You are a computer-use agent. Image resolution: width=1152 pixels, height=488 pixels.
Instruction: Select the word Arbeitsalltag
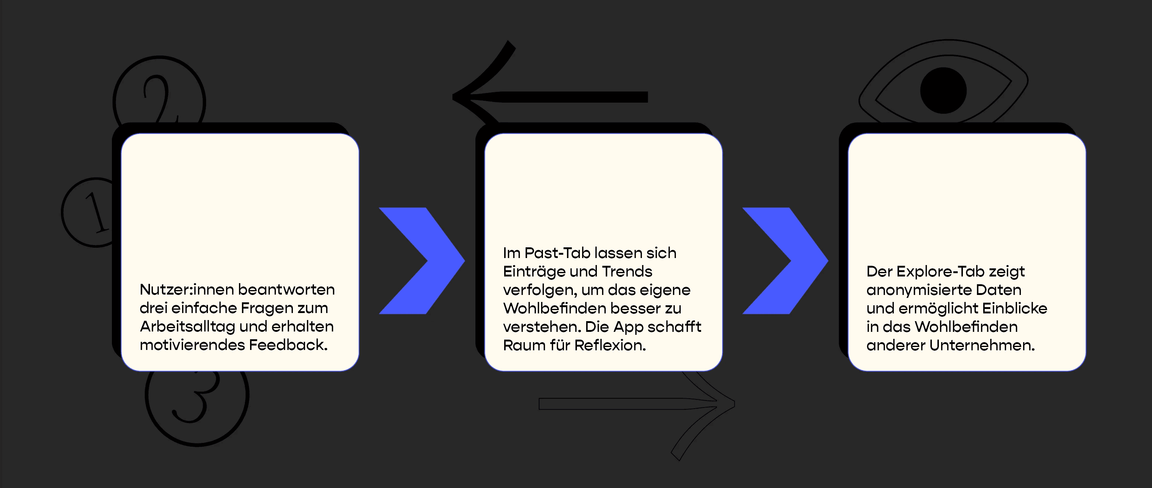click(187, 327)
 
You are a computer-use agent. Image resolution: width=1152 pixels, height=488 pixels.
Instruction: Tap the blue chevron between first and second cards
click(422, 261)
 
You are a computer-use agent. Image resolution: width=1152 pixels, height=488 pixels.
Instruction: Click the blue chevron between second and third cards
click(785, 261)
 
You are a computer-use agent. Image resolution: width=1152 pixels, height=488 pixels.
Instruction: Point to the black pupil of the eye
click(943, 91)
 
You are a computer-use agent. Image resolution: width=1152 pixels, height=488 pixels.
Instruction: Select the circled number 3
click(197, 398)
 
